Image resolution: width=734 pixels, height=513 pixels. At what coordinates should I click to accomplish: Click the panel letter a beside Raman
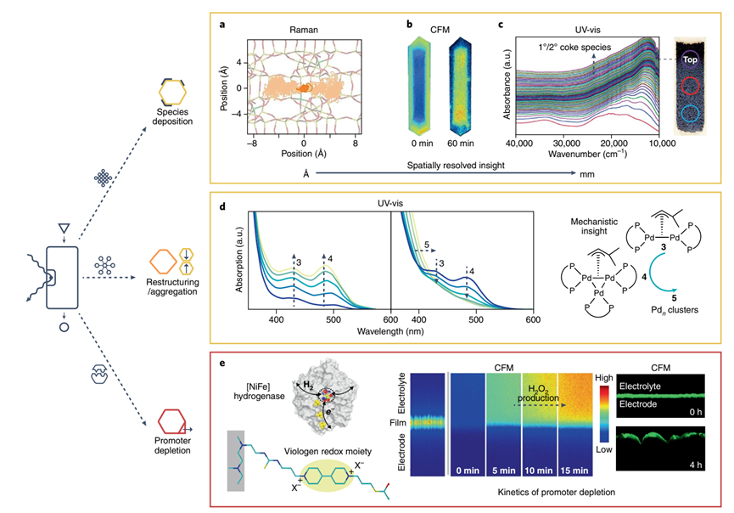(x=221, y=25)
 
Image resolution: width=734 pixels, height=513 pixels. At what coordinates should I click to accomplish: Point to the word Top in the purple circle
(x=691, y=60)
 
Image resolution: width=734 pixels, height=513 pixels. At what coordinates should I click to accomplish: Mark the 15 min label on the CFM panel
(x=583, y=467)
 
